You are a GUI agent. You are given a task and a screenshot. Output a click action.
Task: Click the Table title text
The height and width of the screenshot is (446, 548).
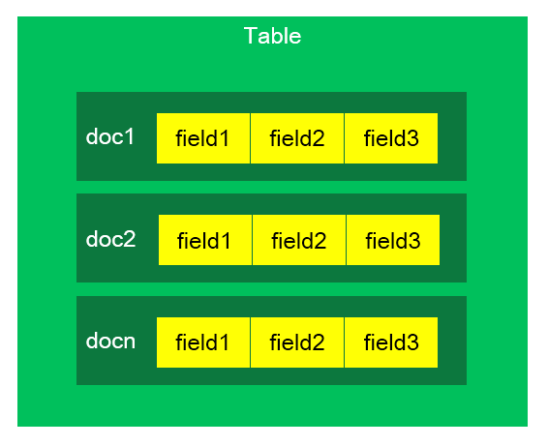pyautogui.click(x=272, y=36)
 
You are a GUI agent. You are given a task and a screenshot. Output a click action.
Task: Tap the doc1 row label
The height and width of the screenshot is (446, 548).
pyautogui.click(x=109, y=136)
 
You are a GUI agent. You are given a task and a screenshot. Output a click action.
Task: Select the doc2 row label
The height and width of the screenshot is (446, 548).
pyautogui.click(x=110, y=239)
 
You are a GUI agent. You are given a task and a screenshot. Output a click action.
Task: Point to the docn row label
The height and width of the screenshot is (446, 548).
pyautogui.click(x=110, y=341)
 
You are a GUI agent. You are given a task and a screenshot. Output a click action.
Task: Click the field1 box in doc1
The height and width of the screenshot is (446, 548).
pyautogui.click(x=203, y=138)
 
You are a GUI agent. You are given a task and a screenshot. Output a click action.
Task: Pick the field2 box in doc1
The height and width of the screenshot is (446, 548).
pyautogui.click(x=297, y=138)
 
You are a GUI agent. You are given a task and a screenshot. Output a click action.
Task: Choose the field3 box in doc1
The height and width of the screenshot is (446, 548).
pyautogui.click(x=391, y=138)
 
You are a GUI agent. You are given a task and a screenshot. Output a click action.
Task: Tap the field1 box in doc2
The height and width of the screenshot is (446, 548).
pyautogui.click(x=205, y=240)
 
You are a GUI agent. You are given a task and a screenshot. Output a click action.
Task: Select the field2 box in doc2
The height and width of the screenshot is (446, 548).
pyautogui.click(x=299, y=240)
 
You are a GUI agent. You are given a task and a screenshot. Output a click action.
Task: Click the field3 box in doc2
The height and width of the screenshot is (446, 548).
pyautogui.click(x=393, y=240)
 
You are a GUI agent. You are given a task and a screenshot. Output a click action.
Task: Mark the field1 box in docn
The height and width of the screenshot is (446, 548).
pyautogui.click(x=203, y=342)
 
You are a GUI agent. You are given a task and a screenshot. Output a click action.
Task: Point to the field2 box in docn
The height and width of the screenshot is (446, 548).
pyautogui.click(x=297, y=342)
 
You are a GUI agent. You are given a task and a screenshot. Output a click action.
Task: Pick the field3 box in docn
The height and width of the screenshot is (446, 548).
pyautogui.click(x=391, y=342)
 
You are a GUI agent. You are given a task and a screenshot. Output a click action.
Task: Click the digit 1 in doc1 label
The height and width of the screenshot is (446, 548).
pyautogui.click(x=130, y=136)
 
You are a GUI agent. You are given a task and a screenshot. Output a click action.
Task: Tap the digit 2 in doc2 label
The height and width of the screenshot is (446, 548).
pyautogui.click(x=130, y=239)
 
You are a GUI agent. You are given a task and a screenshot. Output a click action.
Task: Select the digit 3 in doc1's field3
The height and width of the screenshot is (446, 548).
pyautogui.click(x=413, y=138)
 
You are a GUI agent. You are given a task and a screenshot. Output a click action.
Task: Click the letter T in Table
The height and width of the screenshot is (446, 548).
pyautogui.click(x=250, y=36)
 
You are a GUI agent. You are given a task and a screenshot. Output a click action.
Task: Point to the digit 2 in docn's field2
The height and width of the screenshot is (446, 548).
pyautogui.click(x=320, y=342)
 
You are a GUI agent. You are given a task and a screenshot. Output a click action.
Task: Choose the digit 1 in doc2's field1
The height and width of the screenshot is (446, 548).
pyautogui.click(x=227, y=240)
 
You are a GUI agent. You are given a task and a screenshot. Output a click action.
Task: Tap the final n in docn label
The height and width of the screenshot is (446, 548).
pyautogui.click(x=130, y=342)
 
